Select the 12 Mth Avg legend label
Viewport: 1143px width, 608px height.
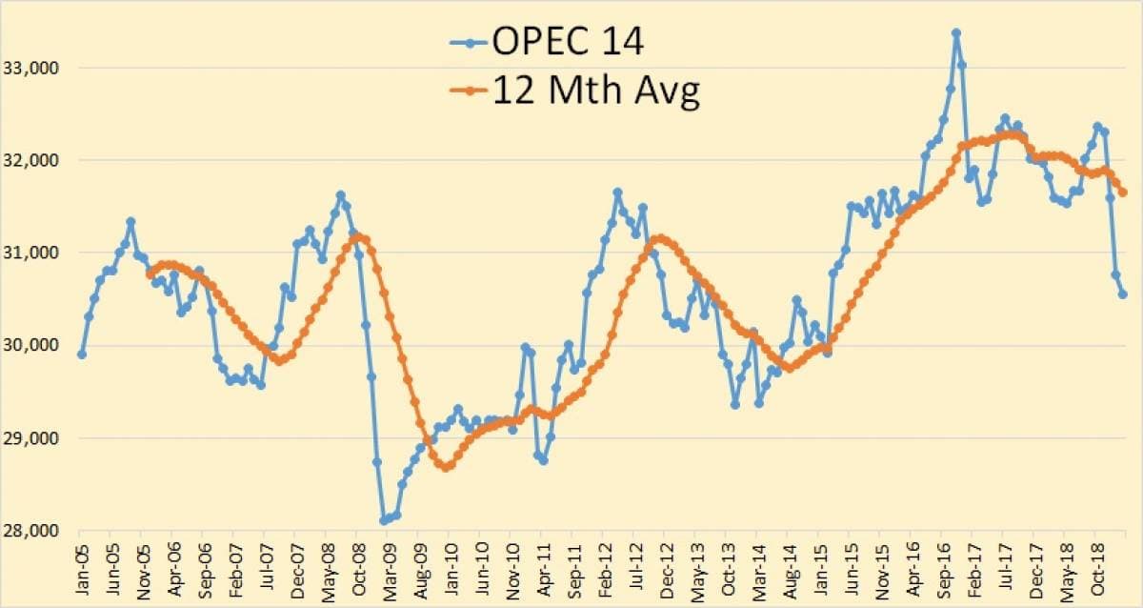[595, 91]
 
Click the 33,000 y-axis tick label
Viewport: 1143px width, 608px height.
[34, 69]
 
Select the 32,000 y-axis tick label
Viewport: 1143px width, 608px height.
[34, 161]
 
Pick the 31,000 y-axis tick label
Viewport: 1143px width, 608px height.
[34, 253]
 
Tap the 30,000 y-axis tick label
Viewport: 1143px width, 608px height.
[34, 346]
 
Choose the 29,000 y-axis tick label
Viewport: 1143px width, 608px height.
[34, 438]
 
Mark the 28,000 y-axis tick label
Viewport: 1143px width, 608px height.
[34, 531]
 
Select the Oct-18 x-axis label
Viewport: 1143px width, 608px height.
[1094, 569]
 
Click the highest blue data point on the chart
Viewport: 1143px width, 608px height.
[955, 33]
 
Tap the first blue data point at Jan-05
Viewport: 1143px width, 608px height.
[82, 355]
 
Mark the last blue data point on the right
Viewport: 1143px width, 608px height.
[1123, 294]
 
